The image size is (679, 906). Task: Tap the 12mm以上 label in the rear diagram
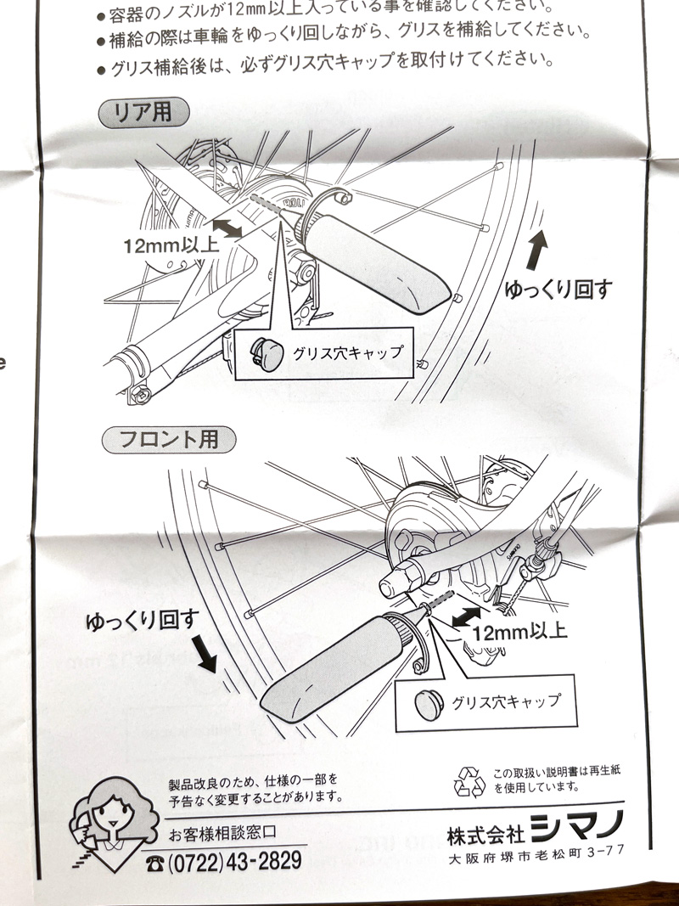171,246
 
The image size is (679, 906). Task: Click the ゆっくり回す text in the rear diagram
558,289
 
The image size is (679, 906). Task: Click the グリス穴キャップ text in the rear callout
346,352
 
